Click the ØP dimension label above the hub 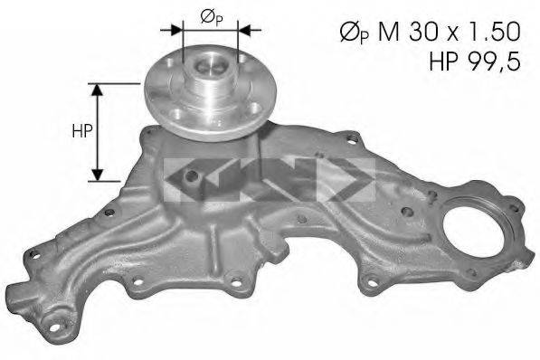click(206, 15)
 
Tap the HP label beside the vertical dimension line click(81, 131)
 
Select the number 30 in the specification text click(424, 33)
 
